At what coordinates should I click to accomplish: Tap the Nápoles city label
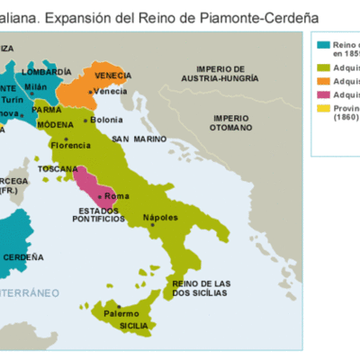161,218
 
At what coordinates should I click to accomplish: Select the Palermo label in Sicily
121,313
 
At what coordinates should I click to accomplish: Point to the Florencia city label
71,144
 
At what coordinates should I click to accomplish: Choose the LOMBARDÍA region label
46,70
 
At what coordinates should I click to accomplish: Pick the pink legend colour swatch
323,94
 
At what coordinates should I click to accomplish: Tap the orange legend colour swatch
323,80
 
